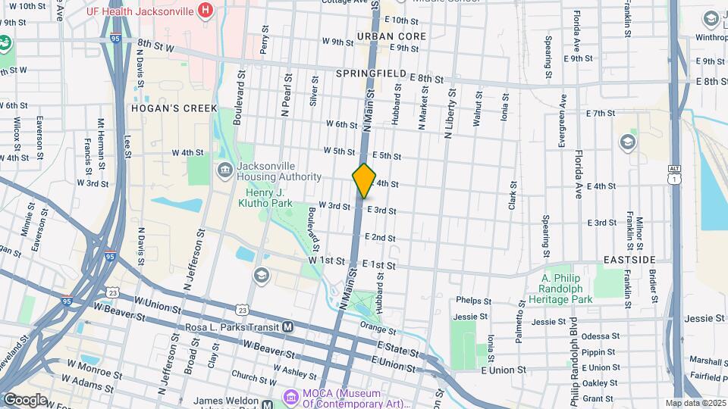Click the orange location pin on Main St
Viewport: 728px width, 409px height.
[364, 180]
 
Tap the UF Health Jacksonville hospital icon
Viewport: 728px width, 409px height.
[204, 11]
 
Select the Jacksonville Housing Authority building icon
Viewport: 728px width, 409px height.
[225, 170]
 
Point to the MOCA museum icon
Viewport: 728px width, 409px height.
[290, 396]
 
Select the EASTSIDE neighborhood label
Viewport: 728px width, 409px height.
[629, 260]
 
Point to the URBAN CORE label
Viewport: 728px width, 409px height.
[391, 36]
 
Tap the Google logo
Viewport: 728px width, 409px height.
[25, 399]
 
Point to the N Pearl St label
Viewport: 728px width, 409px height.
[287, 94]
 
